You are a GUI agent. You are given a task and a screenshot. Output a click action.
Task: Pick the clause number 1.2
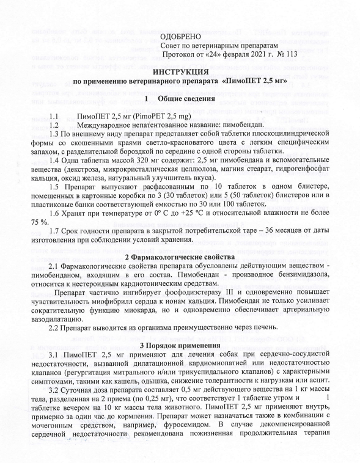53,125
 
